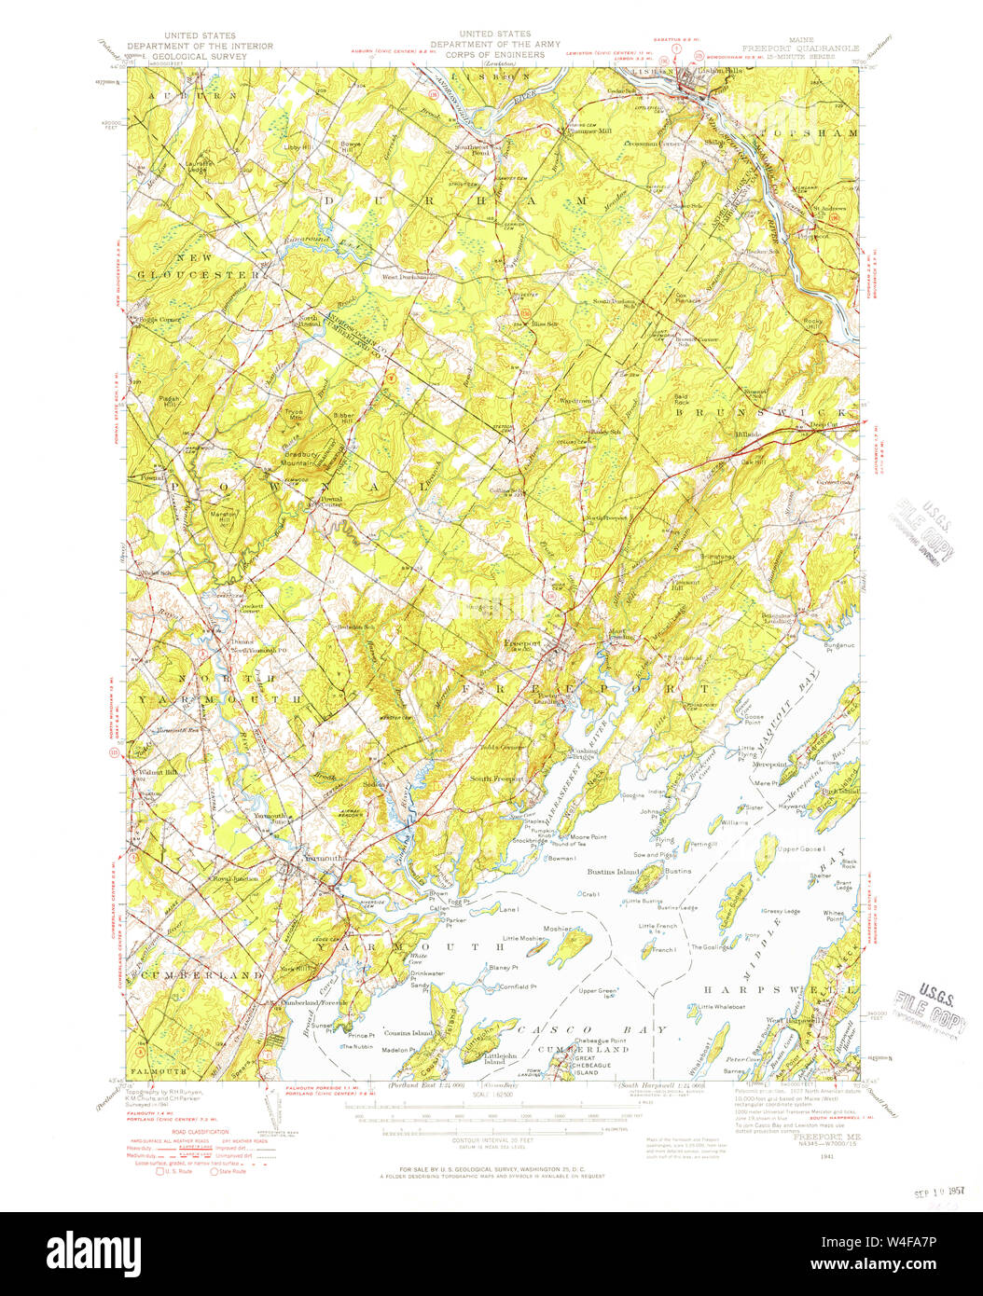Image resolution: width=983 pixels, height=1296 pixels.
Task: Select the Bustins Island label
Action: coord(612,872)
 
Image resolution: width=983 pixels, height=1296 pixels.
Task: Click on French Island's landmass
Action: coord(646,951)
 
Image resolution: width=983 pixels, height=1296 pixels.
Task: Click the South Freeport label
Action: coord(496,779)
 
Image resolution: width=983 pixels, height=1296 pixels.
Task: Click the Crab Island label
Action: coord(589,894)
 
